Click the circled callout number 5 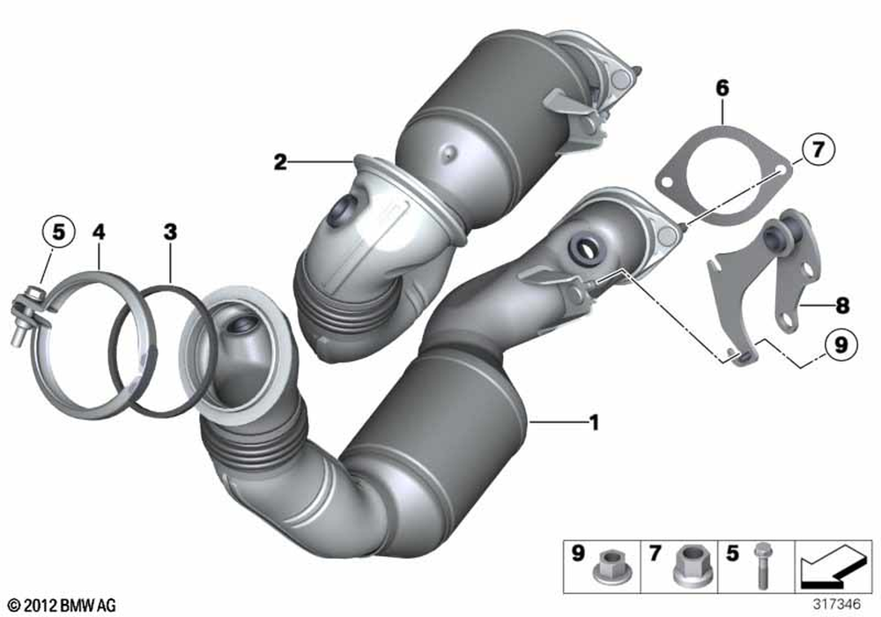click(58, 232)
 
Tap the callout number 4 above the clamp click(99, 232)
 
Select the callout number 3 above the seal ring click(170, 232)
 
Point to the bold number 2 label click(280, 162)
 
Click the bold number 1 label click(594, 422)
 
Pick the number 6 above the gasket click(722, 87)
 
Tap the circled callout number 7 click(818, 150)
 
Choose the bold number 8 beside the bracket click(841, 306)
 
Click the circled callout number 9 click(840, 344)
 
